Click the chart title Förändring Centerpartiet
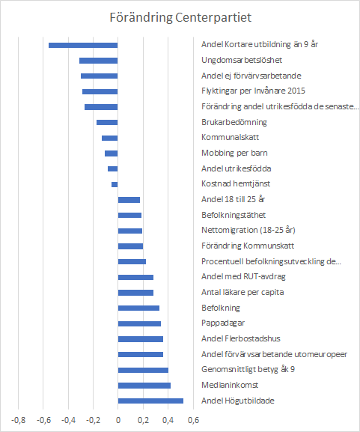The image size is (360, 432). click(x=180, y=18)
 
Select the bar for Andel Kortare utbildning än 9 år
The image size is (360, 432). click(x=83, y=45)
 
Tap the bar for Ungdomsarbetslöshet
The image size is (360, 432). click(x=99, y=61)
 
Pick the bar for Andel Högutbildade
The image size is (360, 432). click(x=150, y=401)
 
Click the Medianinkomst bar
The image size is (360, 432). click(x=144, y=386)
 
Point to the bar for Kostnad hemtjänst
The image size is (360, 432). click(x=115, y=185)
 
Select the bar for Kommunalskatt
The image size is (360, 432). click(x=109, y=138)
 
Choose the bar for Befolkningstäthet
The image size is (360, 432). click(x=129, y=215)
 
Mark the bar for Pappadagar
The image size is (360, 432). click(x=139, y=323)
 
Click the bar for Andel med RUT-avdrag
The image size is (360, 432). click(x=135, y=277)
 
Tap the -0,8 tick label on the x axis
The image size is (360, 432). click(x=19, y=420)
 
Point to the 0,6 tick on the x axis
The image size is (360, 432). click(x=193, y=420)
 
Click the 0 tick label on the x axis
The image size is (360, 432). click(x=118, y=420)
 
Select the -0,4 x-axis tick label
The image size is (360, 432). click(x=68, y=420)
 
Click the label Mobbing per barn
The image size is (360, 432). click(x=234, y=153)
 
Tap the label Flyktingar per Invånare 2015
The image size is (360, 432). click(x=253, y=91)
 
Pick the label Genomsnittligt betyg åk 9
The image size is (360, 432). click(x=248, y=369)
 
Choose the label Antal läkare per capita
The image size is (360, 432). click(x=242, y=292)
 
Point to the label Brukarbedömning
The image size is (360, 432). click(x=234, y=122)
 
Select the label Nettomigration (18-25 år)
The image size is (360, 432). click(x=248, y=230)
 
